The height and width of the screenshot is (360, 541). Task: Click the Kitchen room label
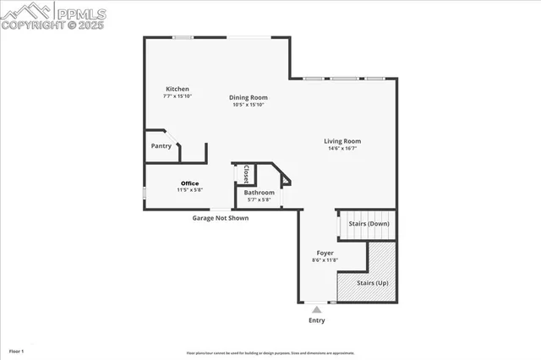[178, 89]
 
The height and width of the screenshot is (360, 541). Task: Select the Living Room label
[342, 141]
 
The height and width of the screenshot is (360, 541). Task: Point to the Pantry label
[161, 145]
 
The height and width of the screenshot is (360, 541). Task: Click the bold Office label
[189, 183]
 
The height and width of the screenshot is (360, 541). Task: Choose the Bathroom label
[259, 193]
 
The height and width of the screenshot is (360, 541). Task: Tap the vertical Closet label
[246, 174]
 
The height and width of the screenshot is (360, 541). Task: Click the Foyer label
[325, 253]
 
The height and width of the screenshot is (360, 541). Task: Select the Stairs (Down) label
[369, 224]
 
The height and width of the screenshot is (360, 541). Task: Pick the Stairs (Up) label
[373, 283]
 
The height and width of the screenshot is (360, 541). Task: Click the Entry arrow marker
[316, 310]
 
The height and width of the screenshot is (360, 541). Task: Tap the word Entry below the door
[316, 320]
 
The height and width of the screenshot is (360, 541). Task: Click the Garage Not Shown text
[220, 217]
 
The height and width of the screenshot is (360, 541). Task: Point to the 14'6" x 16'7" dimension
[342, 149]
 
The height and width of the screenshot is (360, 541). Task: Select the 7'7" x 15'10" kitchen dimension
[178, 95]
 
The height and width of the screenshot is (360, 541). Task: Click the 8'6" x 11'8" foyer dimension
[325, 260]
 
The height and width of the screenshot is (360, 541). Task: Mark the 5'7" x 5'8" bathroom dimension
[259, 200]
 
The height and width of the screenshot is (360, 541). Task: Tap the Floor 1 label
[17, 350]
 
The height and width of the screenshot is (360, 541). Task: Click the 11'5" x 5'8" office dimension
[189, 190]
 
